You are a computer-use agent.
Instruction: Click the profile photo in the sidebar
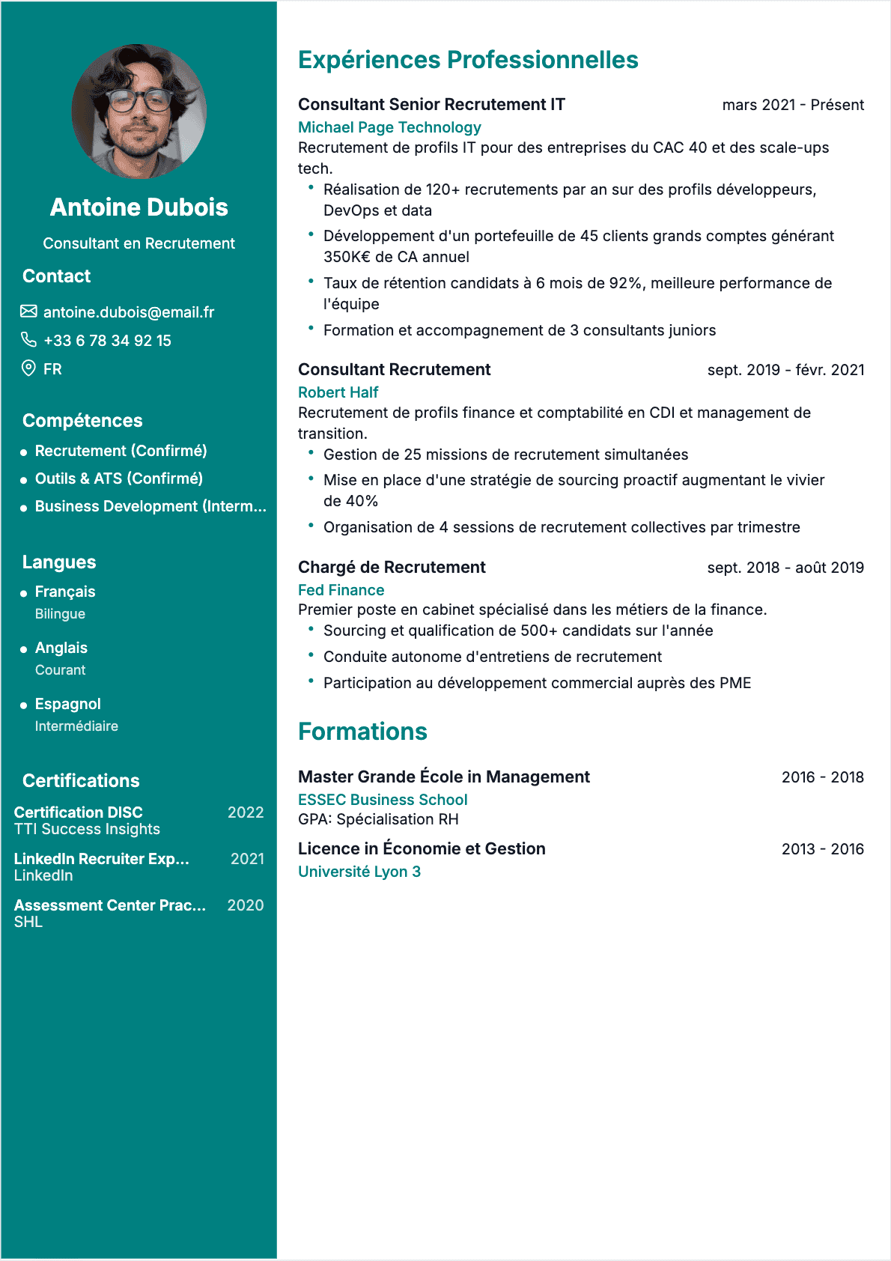pyautogui.click(x=139, y=112)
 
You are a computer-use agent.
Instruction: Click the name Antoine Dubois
pyautogui.click(x=139, y=207)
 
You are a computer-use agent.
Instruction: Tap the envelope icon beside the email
pyautogui.click(x=28, y=312)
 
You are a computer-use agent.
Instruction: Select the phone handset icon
pyautogui.click(x=28, y=340)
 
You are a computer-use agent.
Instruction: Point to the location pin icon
pyautogui.click(x=28, y=368)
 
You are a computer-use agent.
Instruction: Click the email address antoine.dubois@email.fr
pyautogui.click(x=129, y=312)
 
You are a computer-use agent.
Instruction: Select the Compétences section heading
pyautogui.click(x=82, y=421)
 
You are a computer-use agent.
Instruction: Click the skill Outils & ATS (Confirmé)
pyautogui.click(x=119, y=478)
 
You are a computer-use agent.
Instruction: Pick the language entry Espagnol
pyautogui.click(x=68, y=704)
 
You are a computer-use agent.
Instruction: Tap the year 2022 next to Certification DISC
pyautogui.click(x=246, y=812)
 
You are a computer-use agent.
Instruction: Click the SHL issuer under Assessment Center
pyautogui.click(x=28, y=922)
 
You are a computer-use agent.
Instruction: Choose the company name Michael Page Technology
pyautogui.click(x=389, y=127)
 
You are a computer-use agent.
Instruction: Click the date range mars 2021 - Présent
pyautogui.click(x=793, y=105)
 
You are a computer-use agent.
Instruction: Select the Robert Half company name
pyautogui.click(x=338, y=392)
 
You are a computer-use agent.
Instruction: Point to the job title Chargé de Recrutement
pyautogui.click(x=392, y=568)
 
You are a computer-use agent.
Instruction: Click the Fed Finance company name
pyautogui.click(x=341, y=590)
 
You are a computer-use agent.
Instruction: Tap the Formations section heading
pyautogui.click(x=362, y=732)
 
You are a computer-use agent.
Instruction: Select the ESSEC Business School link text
pyautogui.click(x=383, y=800)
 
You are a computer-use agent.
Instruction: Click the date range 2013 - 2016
pyautogui.click(x=822, y=849)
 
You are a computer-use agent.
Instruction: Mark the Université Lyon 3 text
pyautogui.click(x=359, y=872)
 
